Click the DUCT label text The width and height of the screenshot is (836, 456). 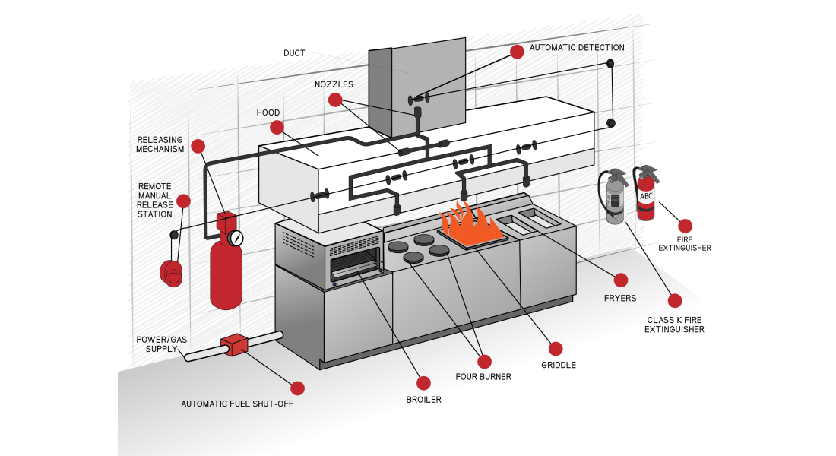click(294, 53)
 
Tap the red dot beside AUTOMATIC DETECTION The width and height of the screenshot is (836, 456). click(517, 52)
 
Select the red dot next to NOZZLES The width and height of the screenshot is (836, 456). click(335, 100)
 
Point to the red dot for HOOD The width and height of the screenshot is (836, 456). click(277, 127)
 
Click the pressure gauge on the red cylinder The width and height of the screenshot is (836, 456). click(236, 238)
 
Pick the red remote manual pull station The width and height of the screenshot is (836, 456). click(171, 272)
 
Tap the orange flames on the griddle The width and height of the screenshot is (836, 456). click(471, 223)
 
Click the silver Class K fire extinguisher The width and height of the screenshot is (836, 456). click(614, 198)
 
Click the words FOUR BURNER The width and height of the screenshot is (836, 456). click(483, 376)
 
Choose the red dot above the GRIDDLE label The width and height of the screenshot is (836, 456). click(556, 349)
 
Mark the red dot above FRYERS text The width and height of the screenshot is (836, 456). click(621, 280)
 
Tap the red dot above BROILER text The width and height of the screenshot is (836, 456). click(423, 383)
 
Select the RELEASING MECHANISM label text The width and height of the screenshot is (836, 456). click(160, 144)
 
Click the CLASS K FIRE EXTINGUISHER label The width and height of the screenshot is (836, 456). click(674, 325)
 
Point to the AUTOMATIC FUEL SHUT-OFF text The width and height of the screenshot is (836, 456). click(237, 404)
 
